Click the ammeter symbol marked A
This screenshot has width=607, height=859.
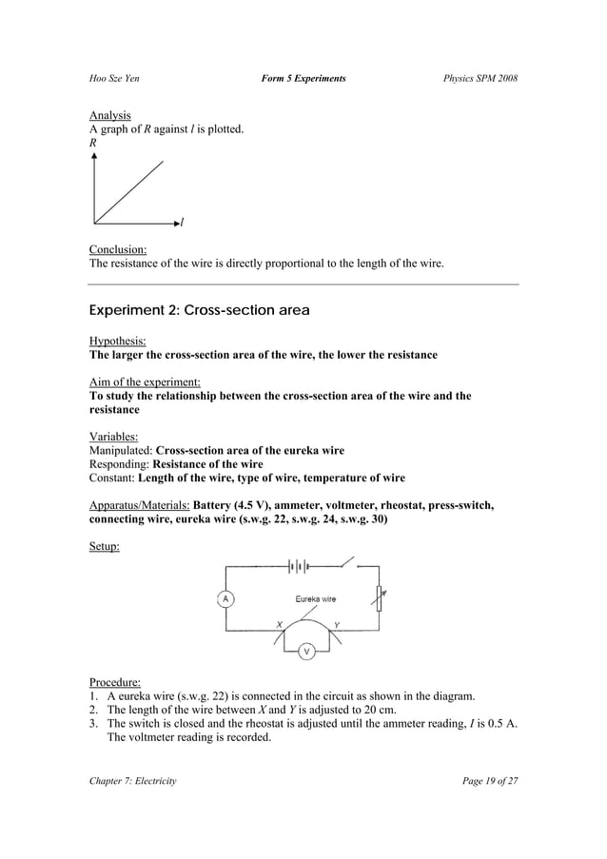pos(225,598)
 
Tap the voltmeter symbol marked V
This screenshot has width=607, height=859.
pos(306,652)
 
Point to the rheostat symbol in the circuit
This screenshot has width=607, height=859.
pos(381,598)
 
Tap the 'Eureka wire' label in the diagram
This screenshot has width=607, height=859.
pos(315,599)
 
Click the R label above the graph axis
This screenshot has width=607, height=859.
pos(92,142)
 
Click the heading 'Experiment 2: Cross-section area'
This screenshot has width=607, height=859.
pos(199,310)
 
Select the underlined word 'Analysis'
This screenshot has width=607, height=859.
pos(109,115)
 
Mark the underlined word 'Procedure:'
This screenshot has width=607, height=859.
pos(114,682)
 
